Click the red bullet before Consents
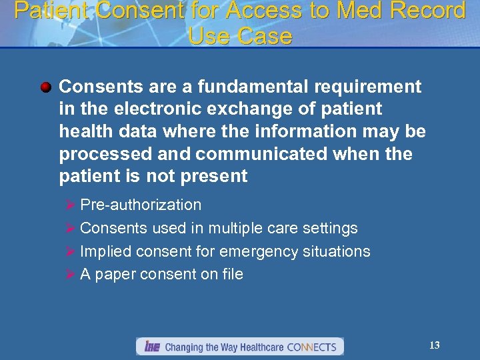tap(45, 87)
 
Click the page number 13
tap(435, 345)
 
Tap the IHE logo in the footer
tap(152, 347)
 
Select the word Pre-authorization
tap(140, 205)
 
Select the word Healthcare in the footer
tap(259, 347)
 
